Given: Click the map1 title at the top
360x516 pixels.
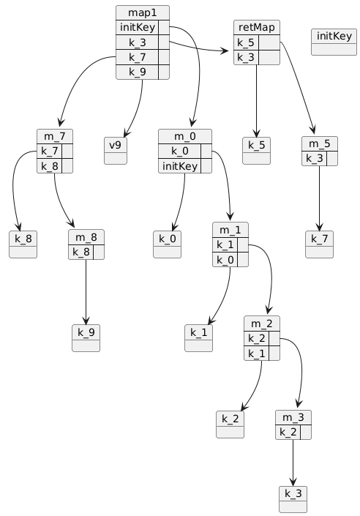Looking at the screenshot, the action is pyautogui.click(x=143, y=13).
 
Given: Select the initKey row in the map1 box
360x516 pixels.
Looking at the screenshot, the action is pyautogui.click(x=143, y=27).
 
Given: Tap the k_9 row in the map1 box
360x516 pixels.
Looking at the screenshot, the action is pyautogui.click(x=143, y=72).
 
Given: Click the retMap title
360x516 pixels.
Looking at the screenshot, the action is pyautogui.click(x=257, y=27).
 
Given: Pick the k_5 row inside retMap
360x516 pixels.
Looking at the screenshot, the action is pyautogui.click(x=257, y=42).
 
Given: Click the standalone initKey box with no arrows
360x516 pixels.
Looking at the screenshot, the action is pyautogui.click(x=334, y=42).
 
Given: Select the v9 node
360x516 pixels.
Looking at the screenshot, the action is pyautogui.click(x=116, y=150).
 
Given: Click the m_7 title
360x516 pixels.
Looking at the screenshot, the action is pyautogui.click(x=55, y=136).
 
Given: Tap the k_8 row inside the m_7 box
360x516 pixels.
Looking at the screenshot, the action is pyautogui.click(x=55, y=166).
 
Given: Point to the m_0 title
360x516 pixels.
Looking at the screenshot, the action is pyautogui.click(x=185, y=136).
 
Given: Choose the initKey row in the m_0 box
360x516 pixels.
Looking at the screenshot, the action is pyautogui.click(x=185, y=166).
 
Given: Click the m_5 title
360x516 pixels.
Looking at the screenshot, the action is pyautogui.click(x=320, y=143).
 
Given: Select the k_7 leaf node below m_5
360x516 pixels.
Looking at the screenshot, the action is pyautogui.click(x=319, y=244).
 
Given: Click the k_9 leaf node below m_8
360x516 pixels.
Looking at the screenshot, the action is pyautogui.click(x=86, y=338).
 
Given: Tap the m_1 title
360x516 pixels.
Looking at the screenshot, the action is pyautogui.click(x=230, y=230).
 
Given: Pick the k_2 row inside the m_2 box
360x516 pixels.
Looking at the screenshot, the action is pyautogui.click(x=262, y=338).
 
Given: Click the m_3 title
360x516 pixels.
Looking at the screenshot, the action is pyautogui.click(x=293, y=417).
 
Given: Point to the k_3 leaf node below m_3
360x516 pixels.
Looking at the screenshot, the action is pyautogui.click(x=293, y=499).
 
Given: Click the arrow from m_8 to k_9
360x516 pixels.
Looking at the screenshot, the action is pyautogui.click(x=86, y=292).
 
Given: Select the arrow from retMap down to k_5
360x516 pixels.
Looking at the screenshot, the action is pyautogui.click(x=257, y=101).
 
